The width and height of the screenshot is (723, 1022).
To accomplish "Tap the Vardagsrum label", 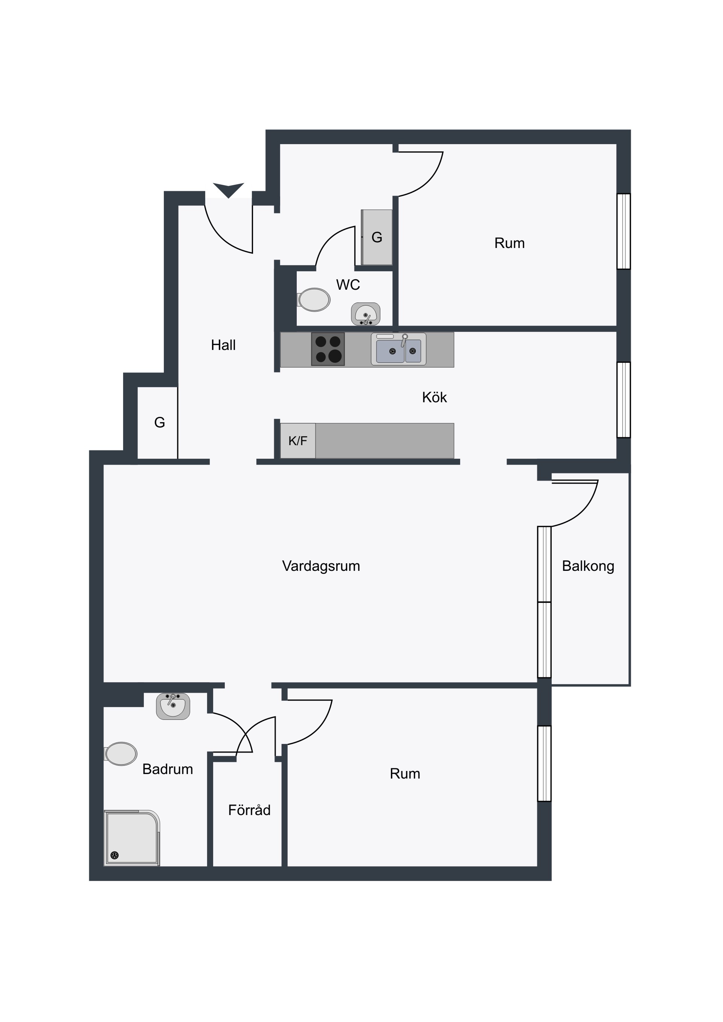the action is [321, 566].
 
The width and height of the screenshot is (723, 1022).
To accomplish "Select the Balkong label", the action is [588, 566].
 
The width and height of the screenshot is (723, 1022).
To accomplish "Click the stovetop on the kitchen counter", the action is [328, 349].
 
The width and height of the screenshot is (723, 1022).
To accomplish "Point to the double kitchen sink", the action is [399, 350].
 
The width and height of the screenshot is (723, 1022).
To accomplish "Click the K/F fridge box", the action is [298, 441].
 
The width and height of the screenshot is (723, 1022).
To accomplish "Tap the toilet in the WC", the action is [314, 300].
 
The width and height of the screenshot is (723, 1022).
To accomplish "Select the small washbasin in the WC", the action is [366, 314].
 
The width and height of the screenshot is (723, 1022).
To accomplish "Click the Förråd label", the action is [249, 810].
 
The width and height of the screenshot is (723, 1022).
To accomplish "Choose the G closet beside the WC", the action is [377, 237].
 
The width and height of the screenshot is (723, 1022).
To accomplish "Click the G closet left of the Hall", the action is [157, 423].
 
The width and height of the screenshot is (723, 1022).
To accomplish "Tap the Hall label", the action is [223, 345].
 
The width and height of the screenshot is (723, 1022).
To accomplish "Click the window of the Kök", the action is [624, 400].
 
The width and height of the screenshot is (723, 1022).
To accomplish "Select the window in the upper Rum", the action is [624, 231].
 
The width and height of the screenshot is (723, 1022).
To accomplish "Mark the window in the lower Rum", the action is [545, 763].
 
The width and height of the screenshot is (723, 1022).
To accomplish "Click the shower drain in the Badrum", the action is [114, 855].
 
